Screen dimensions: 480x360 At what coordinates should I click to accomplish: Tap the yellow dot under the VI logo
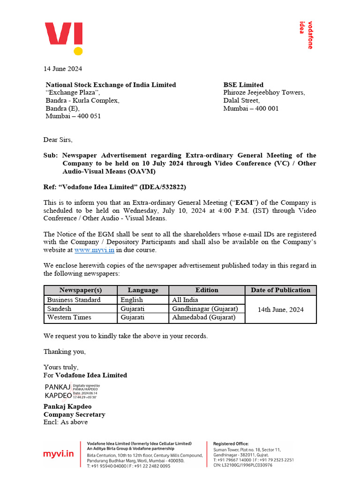click(78, 51)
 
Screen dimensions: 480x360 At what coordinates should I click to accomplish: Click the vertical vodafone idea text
click(306, 35)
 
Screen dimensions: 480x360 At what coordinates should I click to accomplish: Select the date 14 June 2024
click(63, 69)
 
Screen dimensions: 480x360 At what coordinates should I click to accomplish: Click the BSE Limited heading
click(243, 85)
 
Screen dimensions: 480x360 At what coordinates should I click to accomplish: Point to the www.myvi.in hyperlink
click(94, 250)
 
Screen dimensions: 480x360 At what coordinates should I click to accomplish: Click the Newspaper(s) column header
click(81, 290)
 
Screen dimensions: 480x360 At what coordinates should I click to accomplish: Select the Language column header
click(143, 290)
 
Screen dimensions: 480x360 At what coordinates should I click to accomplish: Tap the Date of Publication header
click(280, 290)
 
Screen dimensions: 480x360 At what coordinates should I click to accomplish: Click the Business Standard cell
click(74, 300)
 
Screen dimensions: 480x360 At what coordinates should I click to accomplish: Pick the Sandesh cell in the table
click(60, 309)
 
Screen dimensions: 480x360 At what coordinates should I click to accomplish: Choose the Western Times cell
click(69, 318)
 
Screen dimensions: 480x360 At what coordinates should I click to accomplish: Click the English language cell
click(132, 300)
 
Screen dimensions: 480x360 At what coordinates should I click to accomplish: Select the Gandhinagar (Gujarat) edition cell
click(205, 309)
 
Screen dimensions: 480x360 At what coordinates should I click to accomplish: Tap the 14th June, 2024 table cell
click(280, 309)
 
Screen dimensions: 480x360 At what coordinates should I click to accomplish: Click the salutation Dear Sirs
click(58, 140)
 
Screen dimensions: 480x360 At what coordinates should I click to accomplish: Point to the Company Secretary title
click(74, 414)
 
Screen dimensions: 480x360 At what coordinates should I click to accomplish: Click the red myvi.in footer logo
click(59, 454)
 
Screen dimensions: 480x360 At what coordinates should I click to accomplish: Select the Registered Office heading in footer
click(231, 443)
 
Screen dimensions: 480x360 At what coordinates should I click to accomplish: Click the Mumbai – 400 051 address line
click(73, 116)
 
